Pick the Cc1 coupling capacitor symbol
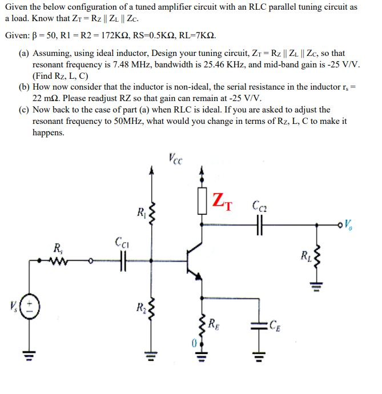[x=121, y=263]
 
